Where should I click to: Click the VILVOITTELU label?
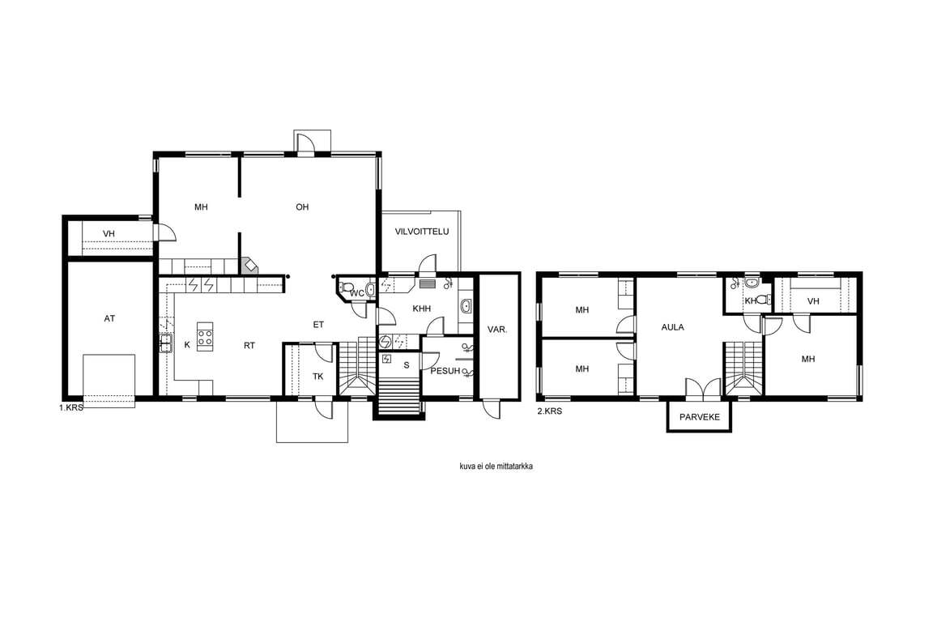click(x=422, y=232)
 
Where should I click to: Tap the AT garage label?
click(x=109, y=318)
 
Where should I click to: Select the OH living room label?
click(x=302, y=207)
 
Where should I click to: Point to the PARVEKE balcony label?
click(x=699, y=416)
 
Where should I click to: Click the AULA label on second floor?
click(x=672, y=326)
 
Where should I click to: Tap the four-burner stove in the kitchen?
click(x=205, y=337)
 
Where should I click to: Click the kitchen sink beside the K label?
click(x=166, y=343)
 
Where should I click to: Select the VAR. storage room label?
click(x=497, y=329)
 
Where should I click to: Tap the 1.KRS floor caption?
click(x=70, y=407)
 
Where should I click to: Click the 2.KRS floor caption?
click(x=549, y=411)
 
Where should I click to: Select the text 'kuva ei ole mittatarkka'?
click(x=496, y=466)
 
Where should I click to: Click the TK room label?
click(x=317, y=376)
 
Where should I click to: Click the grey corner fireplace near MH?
click(x=250, y=266)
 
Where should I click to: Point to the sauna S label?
click(x=407, y=365)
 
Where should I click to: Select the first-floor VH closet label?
click(x=109, y=234)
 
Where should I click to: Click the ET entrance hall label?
click(x=318, y=325)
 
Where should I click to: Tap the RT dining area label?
click(x=249, y=345)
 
